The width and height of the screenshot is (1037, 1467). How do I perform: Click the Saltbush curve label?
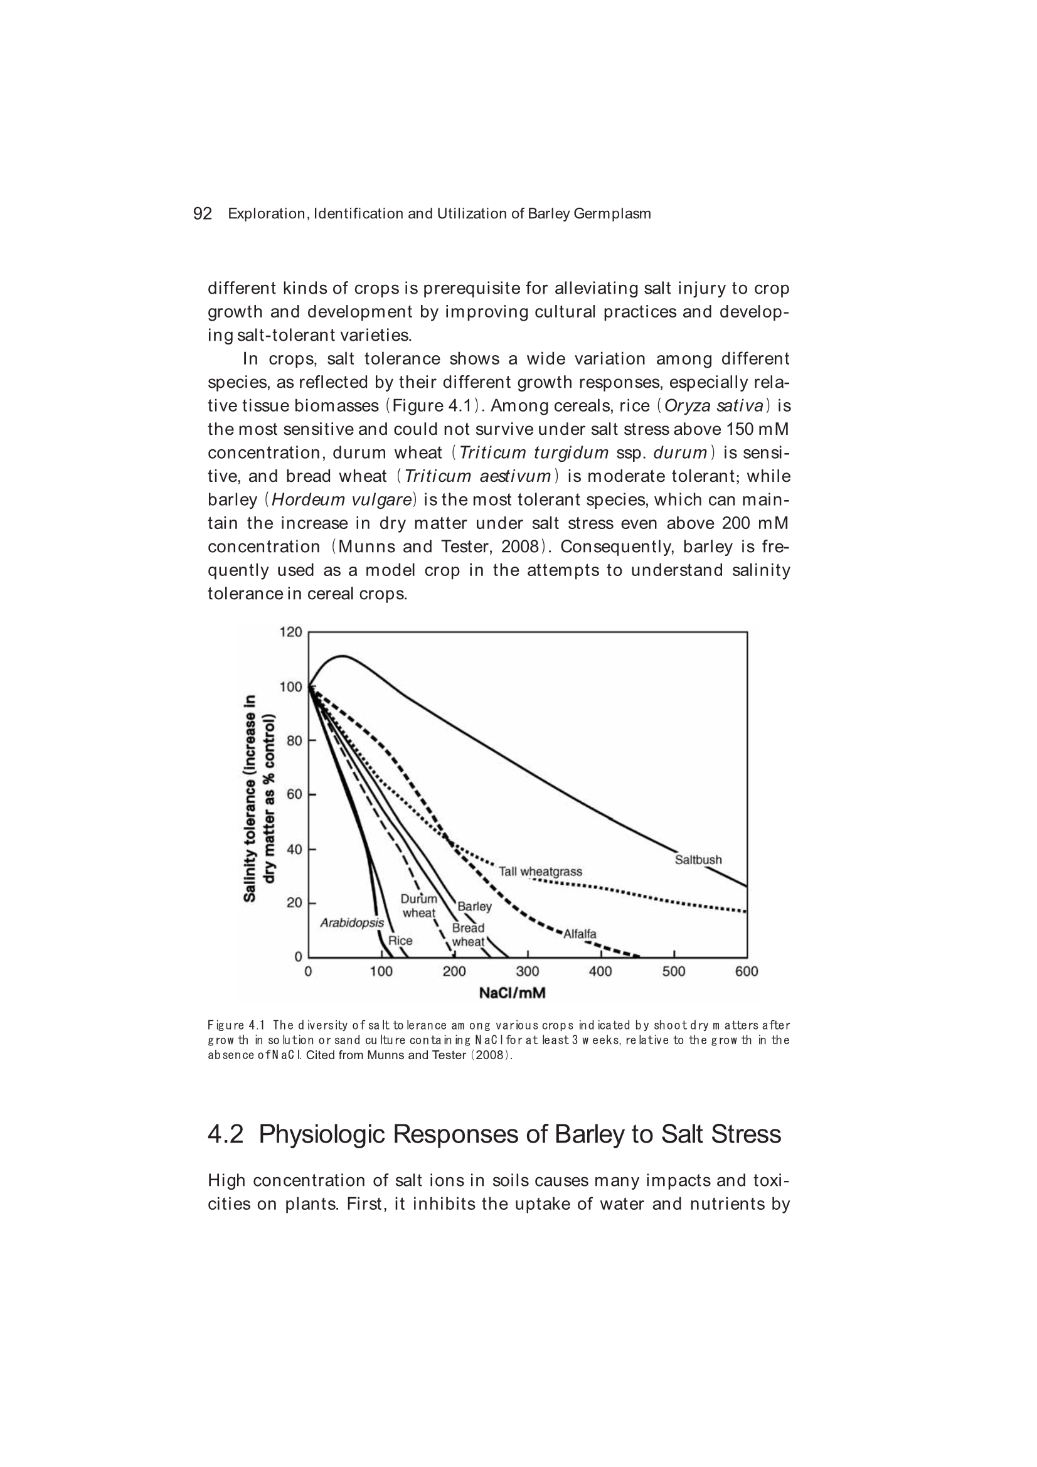[698, 860]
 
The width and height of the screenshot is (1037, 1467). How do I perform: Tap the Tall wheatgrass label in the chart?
[540, 872]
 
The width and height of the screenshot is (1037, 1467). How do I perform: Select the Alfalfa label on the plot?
[580, 934]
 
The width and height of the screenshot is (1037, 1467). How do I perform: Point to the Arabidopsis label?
[352, 922]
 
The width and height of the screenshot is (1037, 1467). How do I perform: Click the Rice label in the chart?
[401, 941]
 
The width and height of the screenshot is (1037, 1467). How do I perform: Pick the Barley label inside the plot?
[475, 906]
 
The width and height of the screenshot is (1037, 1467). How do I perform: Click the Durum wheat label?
[419, 906]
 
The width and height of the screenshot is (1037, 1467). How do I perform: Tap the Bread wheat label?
[469, 935]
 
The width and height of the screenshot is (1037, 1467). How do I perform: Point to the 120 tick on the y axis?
[290, 632]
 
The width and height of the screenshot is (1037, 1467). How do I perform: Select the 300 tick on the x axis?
[528, 972]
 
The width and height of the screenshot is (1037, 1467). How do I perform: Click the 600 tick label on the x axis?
[747, 972]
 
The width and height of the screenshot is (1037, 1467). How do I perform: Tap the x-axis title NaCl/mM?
[513, 993]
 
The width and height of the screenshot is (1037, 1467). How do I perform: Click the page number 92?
[202, 213]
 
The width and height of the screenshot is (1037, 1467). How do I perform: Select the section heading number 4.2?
[226, 1134]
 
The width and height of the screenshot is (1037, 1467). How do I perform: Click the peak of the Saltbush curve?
[343, 656]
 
